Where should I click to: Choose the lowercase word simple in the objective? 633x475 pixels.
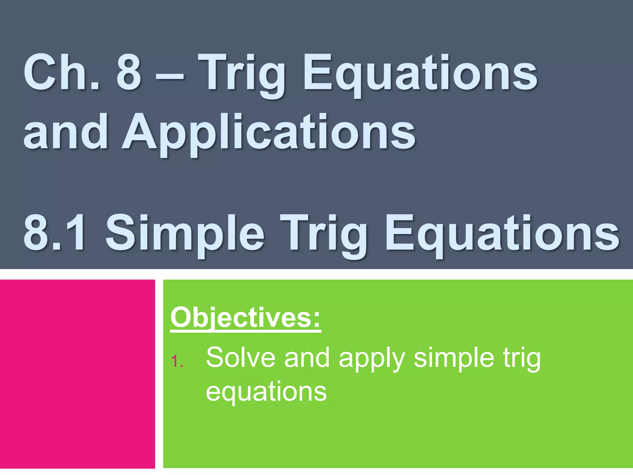pos(454,359)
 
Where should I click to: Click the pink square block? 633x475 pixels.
pos(77,374)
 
